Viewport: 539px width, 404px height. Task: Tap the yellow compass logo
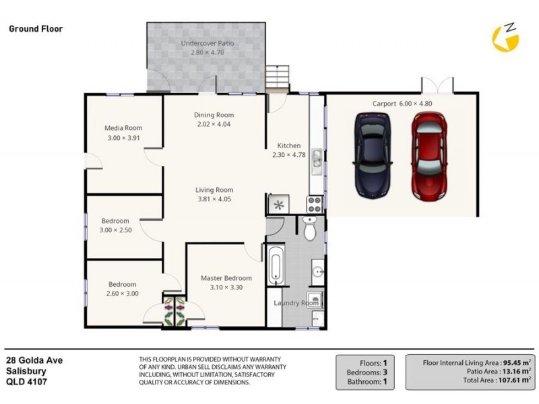507,38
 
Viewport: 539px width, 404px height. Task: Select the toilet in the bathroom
310,230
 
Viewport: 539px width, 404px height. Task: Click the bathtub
276,267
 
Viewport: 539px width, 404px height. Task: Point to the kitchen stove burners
315,203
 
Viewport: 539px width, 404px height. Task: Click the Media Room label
123,128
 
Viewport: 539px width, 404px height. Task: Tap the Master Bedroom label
226,278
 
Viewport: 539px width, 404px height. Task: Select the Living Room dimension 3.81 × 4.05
214,199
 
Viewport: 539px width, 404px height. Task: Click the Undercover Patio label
208,44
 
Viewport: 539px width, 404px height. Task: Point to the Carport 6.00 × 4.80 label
402,104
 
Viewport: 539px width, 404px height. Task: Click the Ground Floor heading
36,29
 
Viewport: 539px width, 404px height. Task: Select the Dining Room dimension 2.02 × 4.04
214,125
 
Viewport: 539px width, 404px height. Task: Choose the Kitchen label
289,145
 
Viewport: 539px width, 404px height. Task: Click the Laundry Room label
296,303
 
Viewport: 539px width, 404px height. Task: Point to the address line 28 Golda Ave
34,361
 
